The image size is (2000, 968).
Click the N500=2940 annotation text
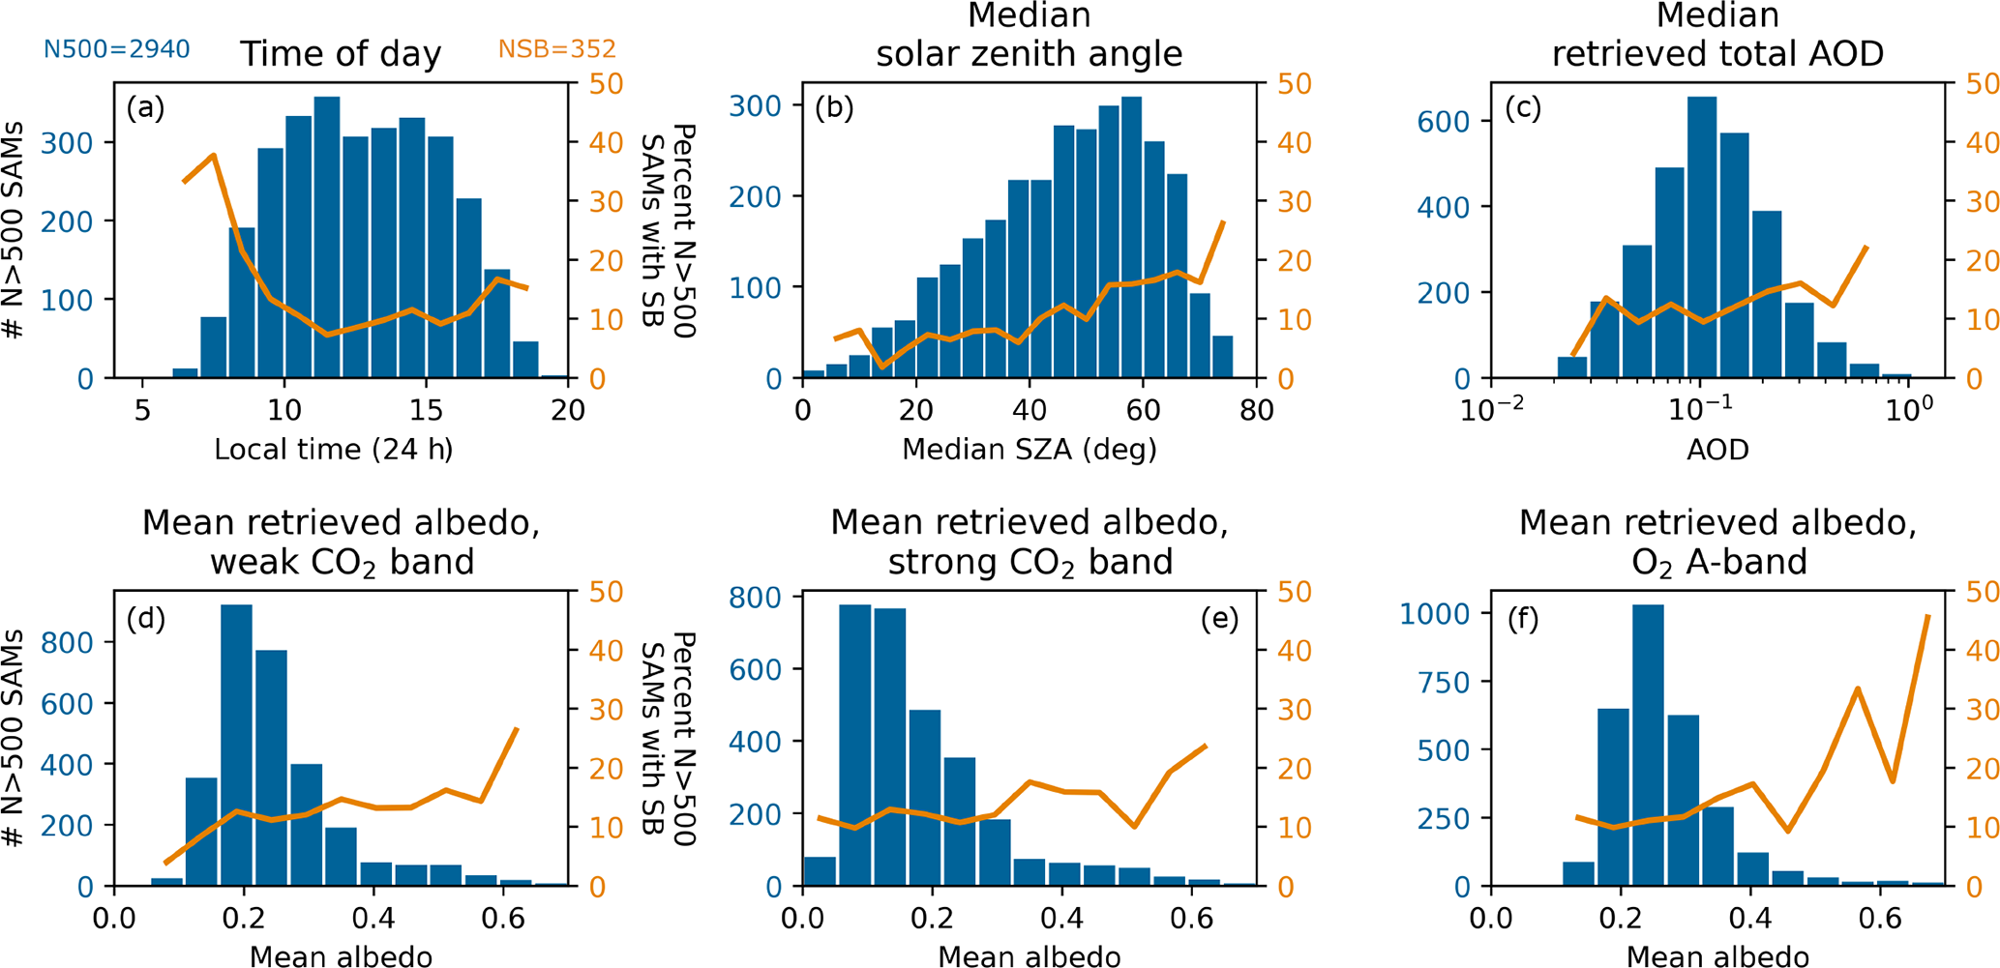coord(116,49)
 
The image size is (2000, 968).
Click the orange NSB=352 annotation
coord(556,49)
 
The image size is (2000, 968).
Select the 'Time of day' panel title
coord(341,54)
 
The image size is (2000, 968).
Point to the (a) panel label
coord(145,107)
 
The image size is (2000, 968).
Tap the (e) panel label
coord(1219,619)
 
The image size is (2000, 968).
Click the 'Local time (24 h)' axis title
coord(334,450)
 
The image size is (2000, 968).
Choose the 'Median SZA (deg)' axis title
coord(1030,450)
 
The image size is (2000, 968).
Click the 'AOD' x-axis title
coord(1717,450)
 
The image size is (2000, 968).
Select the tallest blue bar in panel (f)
coord(1648,745)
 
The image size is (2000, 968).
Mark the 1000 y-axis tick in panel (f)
coord(1433,614)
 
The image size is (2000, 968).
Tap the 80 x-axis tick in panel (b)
coord(1256,411)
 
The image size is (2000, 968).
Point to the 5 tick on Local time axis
coord(142,411)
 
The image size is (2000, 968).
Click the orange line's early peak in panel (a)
coord(213,155)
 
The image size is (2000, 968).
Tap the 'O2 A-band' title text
coord(1718,562)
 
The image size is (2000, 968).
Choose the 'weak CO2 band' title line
coord(342,562)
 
